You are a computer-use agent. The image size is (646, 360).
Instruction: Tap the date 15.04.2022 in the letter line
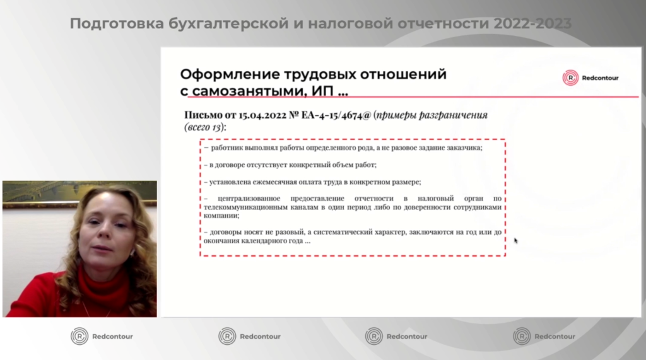coord(262,115)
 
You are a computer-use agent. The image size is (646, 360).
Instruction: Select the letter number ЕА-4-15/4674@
coord(336,115)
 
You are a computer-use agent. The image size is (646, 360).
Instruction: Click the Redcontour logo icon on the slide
coord(570,78)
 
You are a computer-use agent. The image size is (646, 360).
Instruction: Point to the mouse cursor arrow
coord(516,241)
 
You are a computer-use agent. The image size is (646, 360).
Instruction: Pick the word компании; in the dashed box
coord(221,216)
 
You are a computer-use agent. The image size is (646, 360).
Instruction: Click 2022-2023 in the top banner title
coord(532,24)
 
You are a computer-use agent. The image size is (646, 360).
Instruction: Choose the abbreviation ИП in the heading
coord(322,91)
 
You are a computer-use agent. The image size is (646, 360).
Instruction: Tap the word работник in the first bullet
coord(226,148)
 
